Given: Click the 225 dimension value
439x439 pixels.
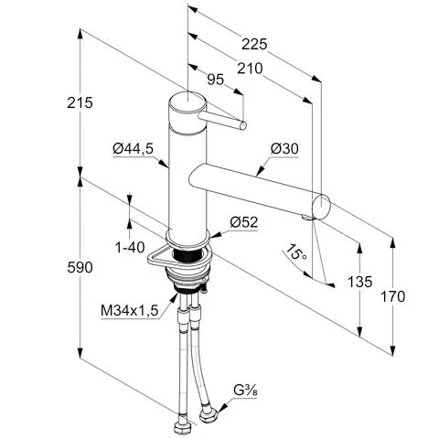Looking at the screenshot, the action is click(254, 45).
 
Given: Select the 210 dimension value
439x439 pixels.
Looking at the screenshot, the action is click(250, 69).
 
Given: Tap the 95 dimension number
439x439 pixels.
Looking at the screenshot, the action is click(216, 80).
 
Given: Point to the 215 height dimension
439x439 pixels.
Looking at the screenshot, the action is click(80, 102).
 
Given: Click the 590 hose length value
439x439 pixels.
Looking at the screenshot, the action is click(80, 268).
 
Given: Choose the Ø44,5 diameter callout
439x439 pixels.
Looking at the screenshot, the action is click(133, 149).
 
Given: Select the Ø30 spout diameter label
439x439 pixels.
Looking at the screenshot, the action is click(284, 149).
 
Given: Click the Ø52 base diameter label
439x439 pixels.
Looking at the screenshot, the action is click(244, 222).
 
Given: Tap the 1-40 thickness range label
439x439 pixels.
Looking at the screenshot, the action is click(130, 248).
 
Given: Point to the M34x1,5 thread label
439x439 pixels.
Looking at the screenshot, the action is click(130, 311).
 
